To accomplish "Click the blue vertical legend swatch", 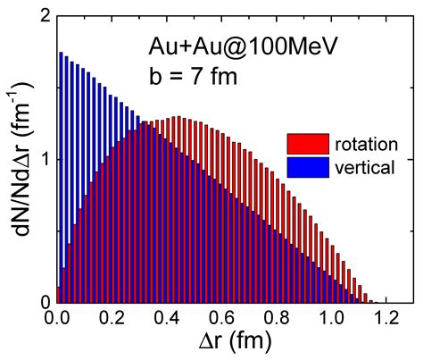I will [308, 165].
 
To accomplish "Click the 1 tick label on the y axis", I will [45, 160].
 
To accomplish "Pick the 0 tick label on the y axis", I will [45, 302].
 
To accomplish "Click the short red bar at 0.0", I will [58, 296].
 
